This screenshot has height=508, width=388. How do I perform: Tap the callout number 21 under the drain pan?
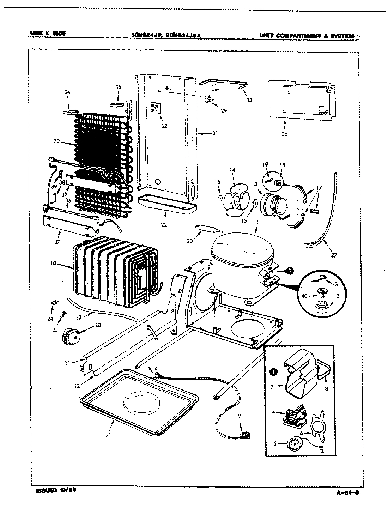[108, 435]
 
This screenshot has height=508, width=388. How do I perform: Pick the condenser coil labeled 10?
[113, 270]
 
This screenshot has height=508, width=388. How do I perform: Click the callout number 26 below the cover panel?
[284, 134]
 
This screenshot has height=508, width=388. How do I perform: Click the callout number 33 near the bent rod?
[249, 100]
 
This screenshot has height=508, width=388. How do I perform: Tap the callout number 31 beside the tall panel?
[215, 133]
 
